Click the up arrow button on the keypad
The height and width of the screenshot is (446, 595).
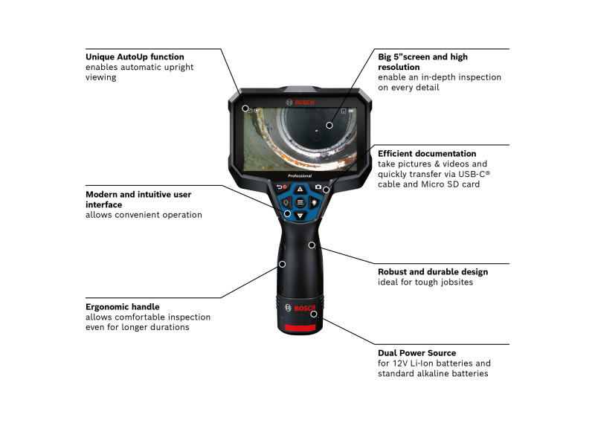coord(300,189)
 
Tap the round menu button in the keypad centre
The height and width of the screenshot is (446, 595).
coord(300,202)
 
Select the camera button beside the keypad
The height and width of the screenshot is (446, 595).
coord(318,187)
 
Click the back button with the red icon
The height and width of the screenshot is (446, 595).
coord(282,187)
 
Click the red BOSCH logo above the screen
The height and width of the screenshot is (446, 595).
coord(300,103)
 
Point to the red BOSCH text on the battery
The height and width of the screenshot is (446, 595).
coord(304,308)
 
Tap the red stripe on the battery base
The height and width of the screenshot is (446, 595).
coord(300,327)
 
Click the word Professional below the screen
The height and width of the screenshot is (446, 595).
coord(300,176)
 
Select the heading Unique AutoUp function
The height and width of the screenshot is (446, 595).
coord(135,57)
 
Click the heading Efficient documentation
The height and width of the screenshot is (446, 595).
coord(427,154)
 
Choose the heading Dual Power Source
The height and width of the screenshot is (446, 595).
coord(417,353)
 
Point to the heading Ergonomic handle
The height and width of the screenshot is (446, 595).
coord(123,307)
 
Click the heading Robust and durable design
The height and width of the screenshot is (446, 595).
coord(433,272)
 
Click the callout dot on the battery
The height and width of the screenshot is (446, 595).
coord(314,314)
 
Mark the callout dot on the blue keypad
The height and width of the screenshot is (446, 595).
coord(288,214)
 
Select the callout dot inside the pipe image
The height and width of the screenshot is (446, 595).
coord(329,125)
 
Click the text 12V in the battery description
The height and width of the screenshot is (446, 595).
coord(400,363)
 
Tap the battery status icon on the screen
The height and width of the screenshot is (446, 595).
coord(352,111)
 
